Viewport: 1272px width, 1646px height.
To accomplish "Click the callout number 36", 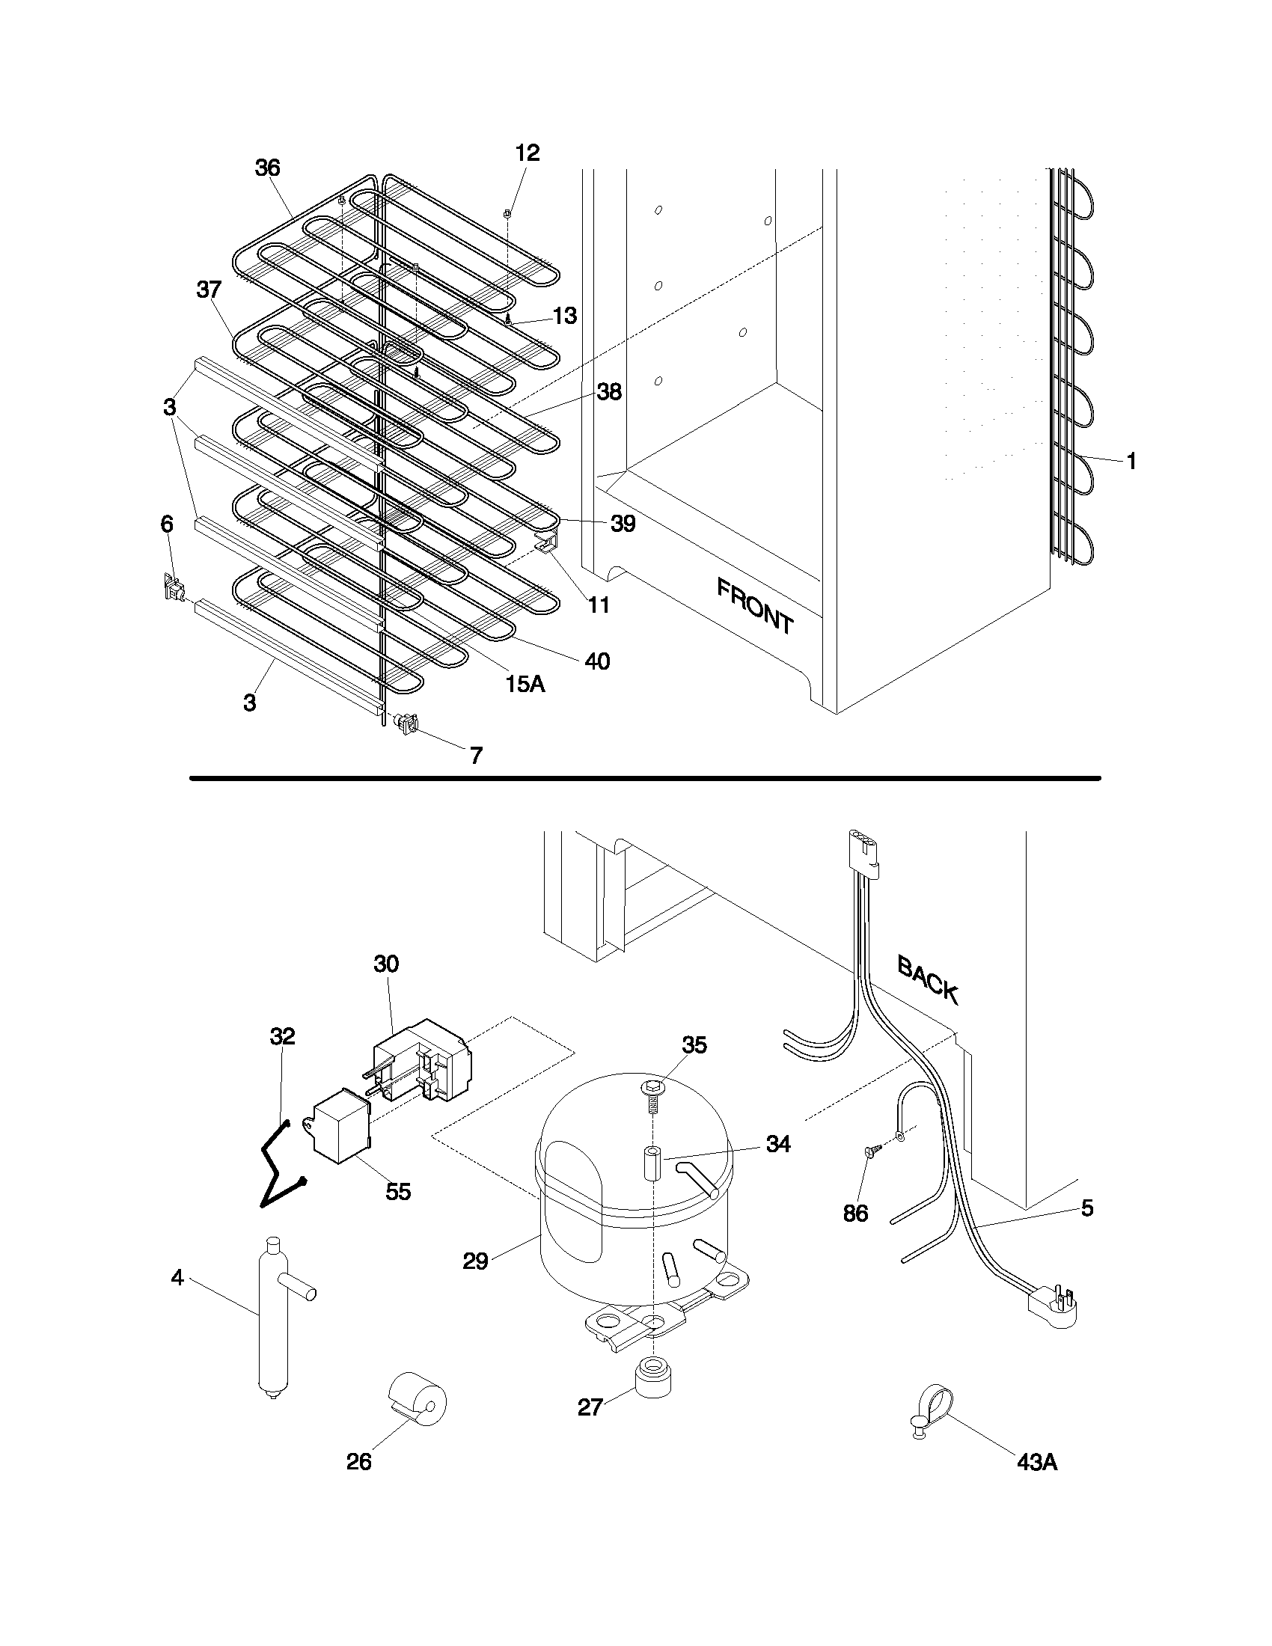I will [x=268, y=168].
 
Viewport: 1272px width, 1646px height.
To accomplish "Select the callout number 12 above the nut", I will [x=528, y=153].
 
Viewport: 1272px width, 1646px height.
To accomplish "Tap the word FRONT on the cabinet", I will [x=754, y=605].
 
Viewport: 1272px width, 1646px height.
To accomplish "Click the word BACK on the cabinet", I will [x=928, y=979].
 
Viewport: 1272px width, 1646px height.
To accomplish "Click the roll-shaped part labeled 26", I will [x=419, y=1403].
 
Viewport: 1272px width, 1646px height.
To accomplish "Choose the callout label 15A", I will [x=525, y=685].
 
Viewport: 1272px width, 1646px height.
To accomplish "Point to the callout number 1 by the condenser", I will [x=1131, y=461].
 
